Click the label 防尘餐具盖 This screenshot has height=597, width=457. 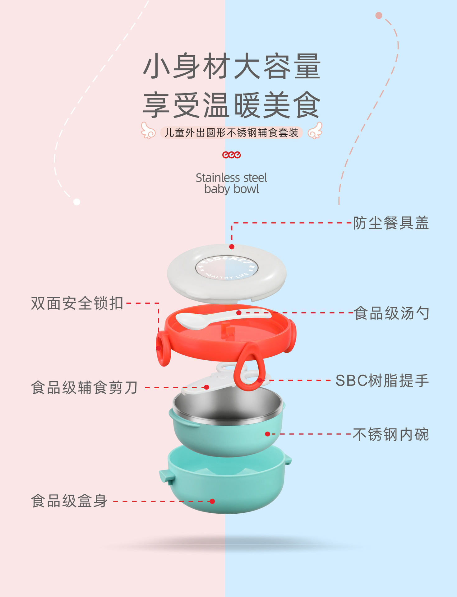click(x=391, y=223)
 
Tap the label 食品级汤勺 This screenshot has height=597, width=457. click(x=391, y=313)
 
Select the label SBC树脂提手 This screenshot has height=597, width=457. click(x=382, y=381)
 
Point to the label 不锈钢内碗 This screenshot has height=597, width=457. click(x=391, y=434)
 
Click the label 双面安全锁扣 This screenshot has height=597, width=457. click(x=77, y=303)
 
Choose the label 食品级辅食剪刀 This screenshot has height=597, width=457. click(x=84, y=388)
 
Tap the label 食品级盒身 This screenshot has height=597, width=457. click(x=69, y=501)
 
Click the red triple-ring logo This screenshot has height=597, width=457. click(x=231, y=155)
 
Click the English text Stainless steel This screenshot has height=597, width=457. click(x=231, y=178)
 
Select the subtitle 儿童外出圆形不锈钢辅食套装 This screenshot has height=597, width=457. click(x=231, y=133)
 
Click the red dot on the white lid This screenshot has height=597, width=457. click(x=232, y=247)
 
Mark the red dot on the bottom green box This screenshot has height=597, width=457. click(x=212, y=501)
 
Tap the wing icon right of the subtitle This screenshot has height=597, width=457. click(x=315, y=131)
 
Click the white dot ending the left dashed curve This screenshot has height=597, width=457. click(x=76, y=202)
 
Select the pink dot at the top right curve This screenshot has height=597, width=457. click(x=379, y=16)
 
